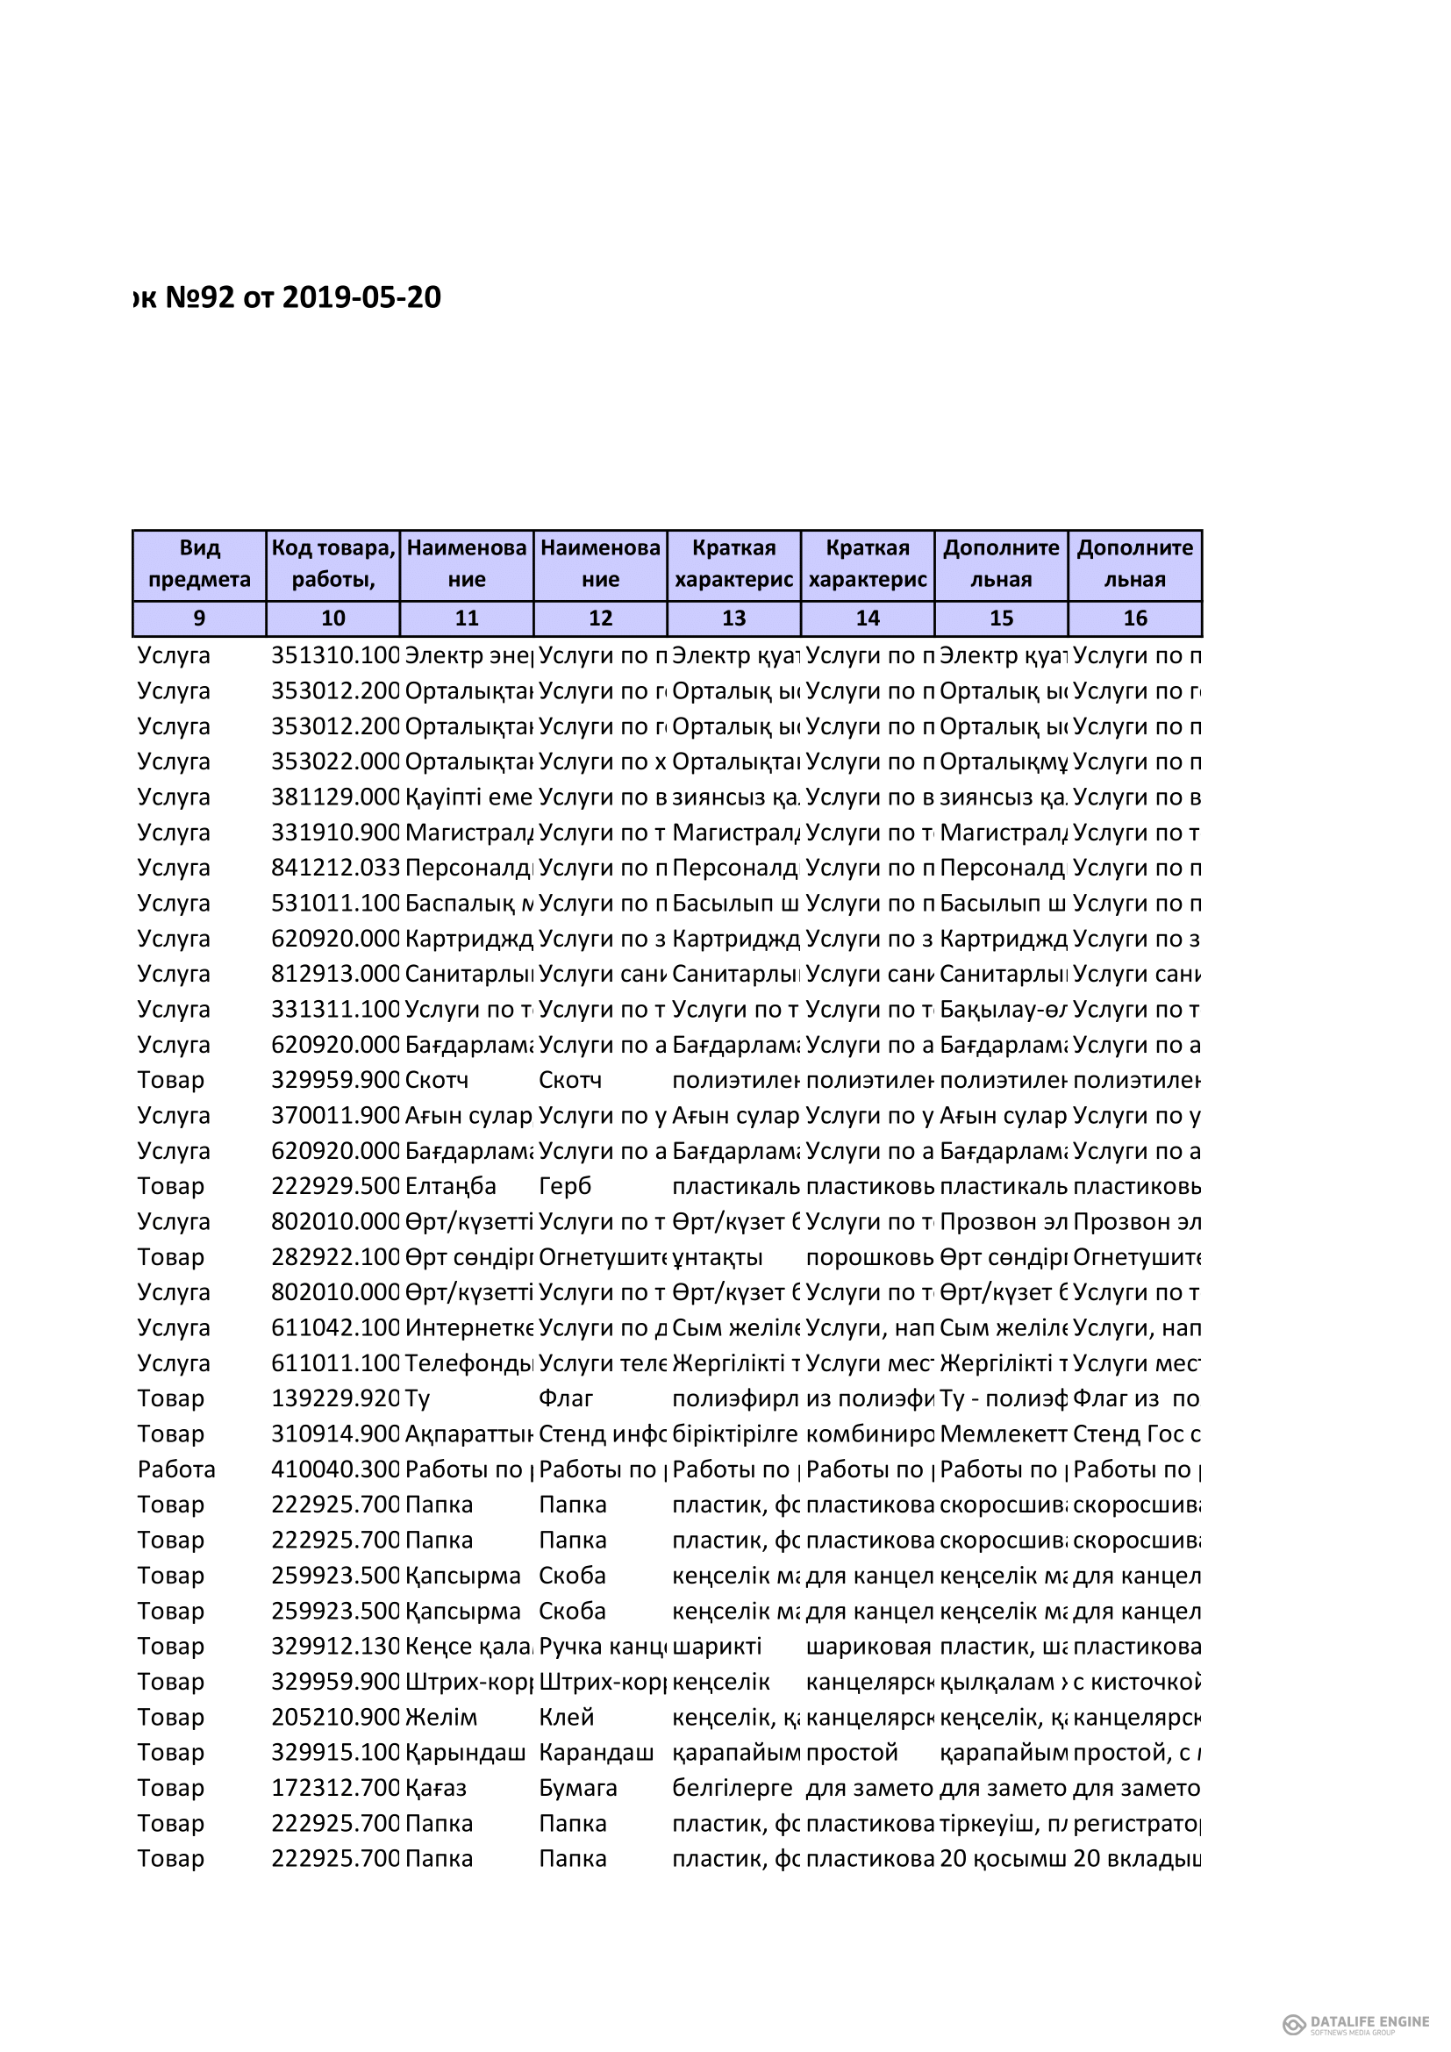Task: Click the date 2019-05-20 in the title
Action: (x=361, y=297)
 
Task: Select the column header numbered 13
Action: (x=733, y=618)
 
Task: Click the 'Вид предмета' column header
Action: (x=199, y=563)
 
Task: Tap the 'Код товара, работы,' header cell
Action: (x=333, y=563)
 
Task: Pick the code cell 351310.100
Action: (x=335, y=655)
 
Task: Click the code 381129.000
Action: (x=335, y=797)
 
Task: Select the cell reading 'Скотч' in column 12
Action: (x=570, y=1080)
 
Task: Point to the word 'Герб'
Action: (x=565, y=1186)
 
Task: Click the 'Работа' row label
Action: (x=176, y=1469)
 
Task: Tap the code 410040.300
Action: (x=335, y=1469)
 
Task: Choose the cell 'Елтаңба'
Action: (x=450, y=1186)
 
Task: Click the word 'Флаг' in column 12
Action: (x=566, y=1398)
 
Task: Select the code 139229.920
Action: (x=335, y=1398)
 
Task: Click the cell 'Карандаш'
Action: (x=596, y=1752)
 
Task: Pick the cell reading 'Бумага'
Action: (x=578, y=1787)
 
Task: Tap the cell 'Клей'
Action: (x=567, y=1717)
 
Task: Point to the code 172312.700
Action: (x=335, y=1787)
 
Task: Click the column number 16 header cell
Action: (x=1134, y=618)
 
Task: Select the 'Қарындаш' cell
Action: (x=465, y=1752)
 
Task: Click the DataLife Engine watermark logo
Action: (x=1356, y=2024)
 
